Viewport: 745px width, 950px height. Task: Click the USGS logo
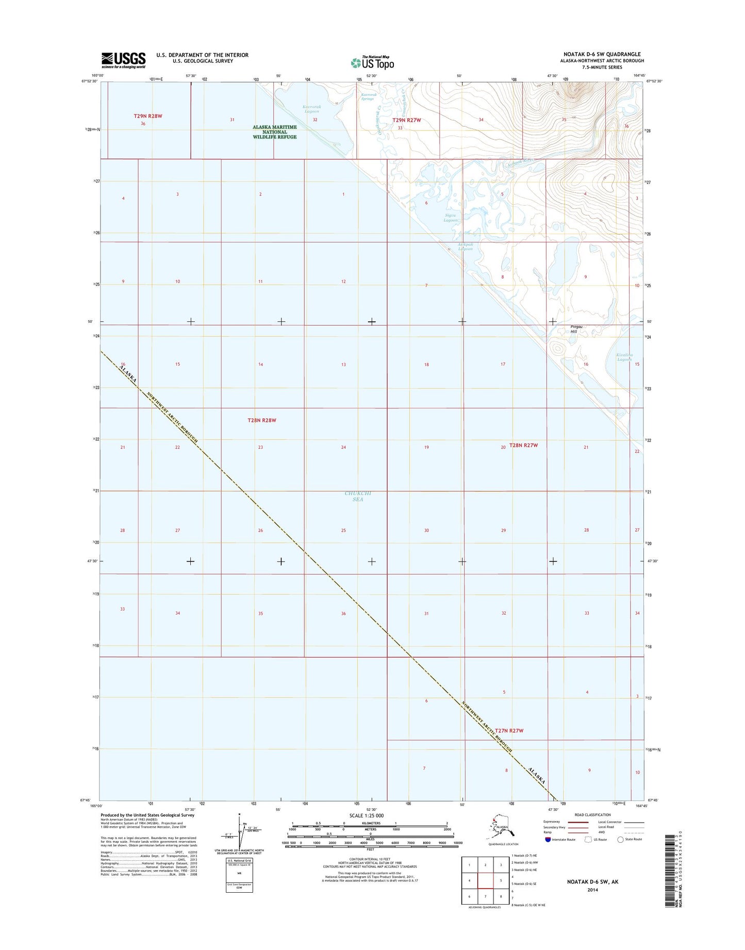(123, 60)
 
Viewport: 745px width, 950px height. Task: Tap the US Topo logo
(372, 62)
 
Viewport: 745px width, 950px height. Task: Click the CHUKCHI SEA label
(358, 496)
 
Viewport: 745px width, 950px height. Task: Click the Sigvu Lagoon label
(451, 218)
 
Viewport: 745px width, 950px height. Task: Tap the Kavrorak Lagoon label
(311, 109)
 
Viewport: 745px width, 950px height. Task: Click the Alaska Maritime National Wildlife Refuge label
(275, 132)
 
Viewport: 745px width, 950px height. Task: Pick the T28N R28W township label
(262, 420)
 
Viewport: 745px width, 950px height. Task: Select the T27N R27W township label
(509, 731)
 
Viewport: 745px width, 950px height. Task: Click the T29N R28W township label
(148, 116)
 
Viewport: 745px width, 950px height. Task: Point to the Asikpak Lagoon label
(465, 247)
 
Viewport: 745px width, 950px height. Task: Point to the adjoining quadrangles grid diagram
(485, 880)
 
